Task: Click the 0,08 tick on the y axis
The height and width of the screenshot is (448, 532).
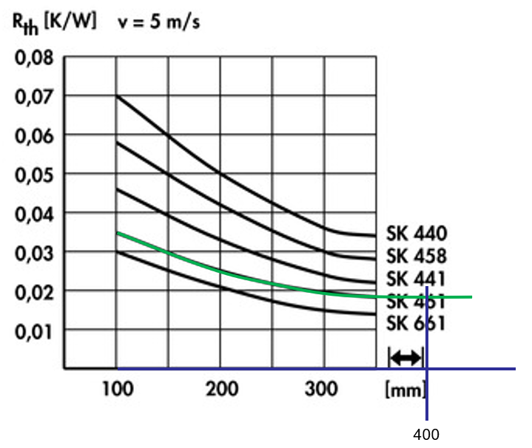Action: click(33, 57)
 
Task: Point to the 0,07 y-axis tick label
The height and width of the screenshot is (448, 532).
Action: click(33, 96)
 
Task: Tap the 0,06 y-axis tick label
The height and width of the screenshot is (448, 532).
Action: click(33, 135)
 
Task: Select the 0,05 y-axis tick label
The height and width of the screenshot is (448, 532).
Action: click(33, 174)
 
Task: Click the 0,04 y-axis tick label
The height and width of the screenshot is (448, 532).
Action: click(33, 213)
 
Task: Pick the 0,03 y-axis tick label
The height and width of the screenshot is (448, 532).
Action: click(33, 252)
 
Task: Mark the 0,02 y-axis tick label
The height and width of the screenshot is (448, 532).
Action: click(33, 291)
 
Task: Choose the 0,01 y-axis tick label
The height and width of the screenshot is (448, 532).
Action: click(33, 330)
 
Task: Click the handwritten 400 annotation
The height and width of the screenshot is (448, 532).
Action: click(426, 434)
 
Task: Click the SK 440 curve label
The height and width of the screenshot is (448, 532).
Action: click(417, 234)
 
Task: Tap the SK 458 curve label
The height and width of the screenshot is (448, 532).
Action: click(417, 257)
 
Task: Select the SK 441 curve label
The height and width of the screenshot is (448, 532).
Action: click(417, 279)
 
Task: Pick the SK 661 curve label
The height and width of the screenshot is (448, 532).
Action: click(417, 323)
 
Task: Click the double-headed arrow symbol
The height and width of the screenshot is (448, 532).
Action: click(405, 359)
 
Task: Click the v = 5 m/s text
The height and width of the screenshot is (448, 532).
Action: click(158, 22)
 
